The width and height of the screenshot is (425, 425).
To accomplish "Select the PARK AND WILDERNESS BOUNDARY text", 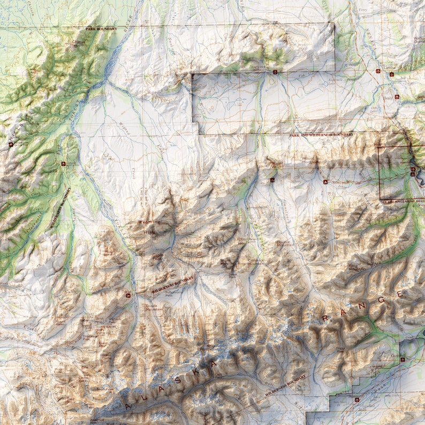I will pyautogui.click(x=321, y=135).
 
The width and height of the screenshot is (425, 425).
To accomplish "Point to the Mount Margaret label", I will pyautogui.click(x=310, y=160).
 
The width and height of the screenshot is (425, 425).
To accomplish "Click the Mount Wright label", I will pyautogui.click(x=276, y=164).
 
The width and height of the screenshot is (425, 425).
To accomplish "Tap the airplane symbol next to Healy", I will pyautogui.click(x=397, y=97).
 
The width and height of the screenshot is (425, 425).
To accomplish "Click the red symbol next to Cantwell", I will pyautogui.click(x=403, y=360).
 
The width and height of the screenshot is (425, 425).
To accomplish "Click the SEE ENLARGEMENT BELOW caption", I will pyautogui.click(x=403, y=202).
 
